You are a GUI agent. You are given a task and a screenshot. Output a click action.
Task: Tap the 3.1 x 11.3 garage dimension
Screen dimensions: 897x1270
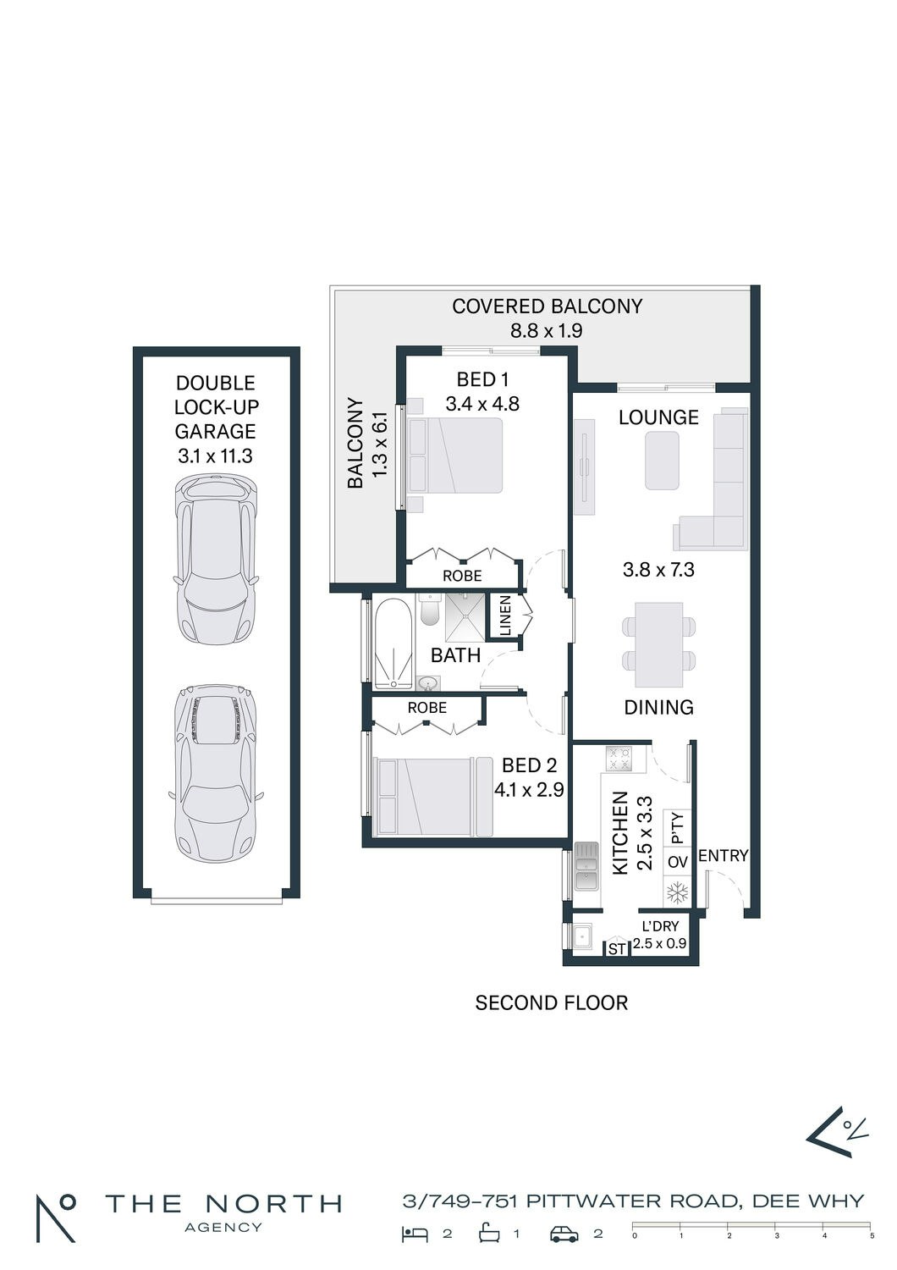point(215,456)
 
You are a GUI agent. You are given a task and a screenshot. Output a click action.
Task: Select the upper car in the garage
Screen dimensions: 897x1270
point(215,560)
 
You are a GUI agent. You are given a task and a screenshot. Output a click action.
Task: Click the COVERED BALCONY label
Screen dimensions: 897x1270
point(548,306)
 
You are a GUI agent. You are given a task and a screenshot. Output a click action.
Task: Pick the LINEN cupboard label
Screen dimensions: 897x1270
point(505,616)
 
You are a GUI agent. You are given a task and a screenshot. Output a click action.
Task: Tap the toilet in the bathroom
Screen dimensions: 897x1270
point(430,609)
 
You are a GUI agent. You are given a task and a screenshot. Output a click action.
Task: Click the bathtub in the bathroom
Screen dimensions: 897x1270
point(392,644)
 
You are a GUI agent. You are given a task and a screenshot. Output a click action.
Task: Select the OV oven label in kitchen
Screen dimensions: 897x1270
point(677,863)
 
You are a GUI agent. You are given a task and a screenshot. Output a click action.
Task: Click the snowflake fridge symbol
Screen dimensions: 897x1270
point(677,892)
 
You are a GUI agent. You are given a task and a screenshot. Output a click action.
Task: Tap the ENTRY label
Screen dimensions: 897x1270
point(723,855)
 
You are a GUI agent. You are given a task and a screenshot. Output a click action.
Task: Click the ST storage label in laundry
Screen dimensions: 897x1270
point(617,948)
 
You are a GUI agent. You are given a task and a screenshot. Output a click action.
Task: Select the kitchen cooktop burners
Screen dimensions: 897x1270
point(619,759)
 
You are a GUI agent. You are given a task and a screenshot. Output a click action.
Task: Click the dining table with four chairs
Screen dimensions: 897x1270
point(659,644)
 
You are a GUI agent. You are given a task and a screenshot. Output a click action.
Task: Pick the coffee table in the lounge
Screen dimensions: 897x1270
point(662,461)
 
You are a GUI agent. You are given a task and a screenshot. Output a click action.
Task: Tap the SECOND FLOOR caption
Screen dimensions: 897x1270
point(552,1003)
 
